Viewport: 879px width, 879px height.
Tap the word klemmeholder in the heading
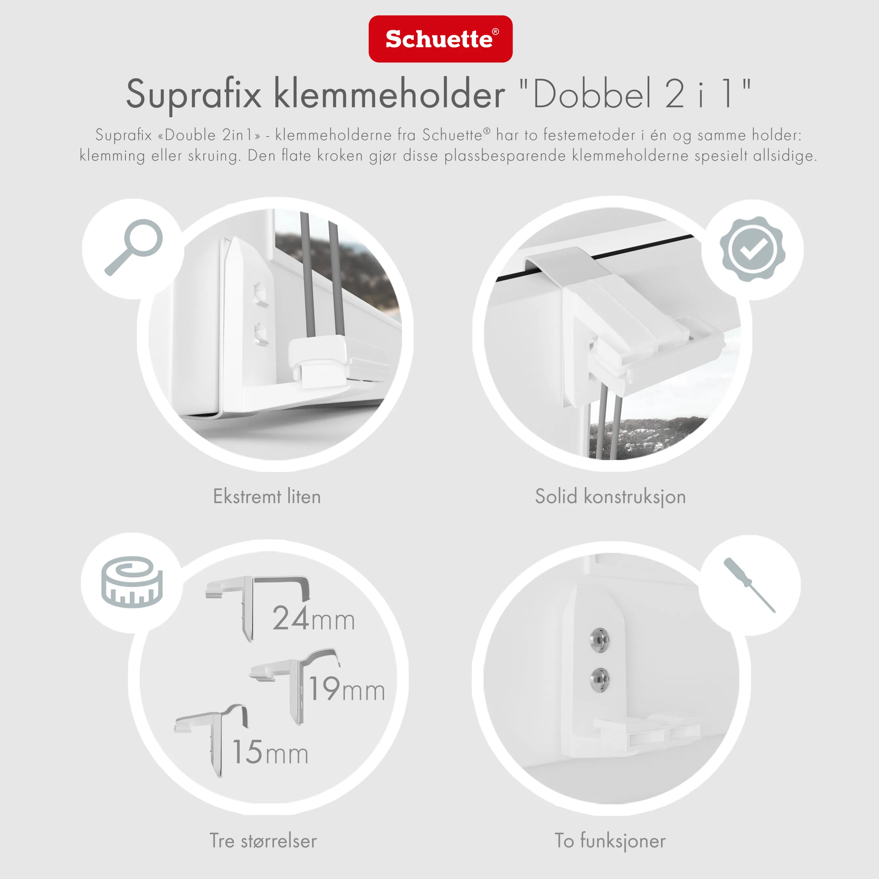(x=389, y=94)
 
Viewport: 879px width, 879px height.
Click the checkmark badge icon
(x=752, y=249)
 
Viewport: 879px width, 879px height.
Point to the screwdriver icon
(x=749, y=585)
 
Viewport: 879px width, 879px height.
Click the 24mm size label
(x=314, y=619)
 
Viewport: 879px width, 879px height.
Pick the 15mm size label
(x=270, y=752)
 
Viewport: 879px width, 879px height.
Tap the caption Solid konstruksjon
(x=610, y=496)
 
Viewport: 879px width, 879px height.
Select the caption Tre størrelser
(x=263, y=841)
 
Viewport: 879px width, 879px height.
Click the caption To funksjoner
(x=610, y=841)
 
